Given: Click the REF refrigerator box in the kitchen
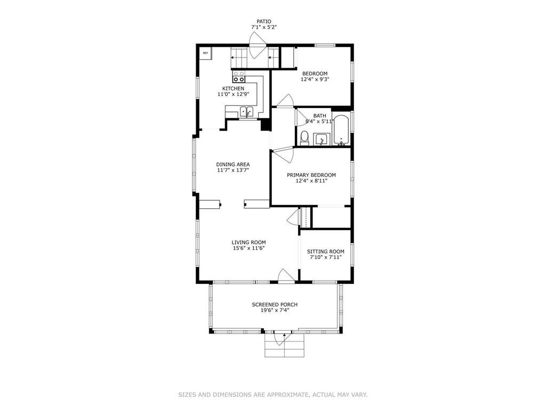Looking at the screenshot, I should click(x=205, y=53).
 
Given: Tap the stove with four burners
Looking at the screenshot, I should click(x=238, y=76).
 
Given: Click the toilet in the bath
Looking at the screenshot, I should click(x=304, y=138).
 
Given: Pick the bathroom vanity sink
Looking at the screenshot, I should click(x=322, y=140).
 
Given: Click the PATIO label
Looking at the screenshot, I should click(x=264, y=22).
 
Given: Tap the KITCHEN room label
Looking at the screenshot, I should click(x=234, y=88).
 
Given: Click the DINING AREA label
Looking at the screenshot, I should click(x=233, y=164).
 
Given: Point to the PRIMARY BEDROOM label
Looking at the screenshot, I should click(x=311, y=175).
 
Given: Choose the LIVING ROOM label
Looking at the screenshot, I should click(x=248, y=242).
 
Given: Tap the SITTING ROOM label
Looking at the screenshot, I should click(x=325, y=251).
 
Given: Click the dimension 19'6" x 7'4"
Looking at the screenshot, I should click(x=275, y=311).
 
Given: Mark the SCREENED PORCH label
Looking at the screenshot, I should click(x=275, y=305).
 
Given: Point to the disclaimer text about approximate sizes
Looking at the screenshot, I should click(x=272, y=395).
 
